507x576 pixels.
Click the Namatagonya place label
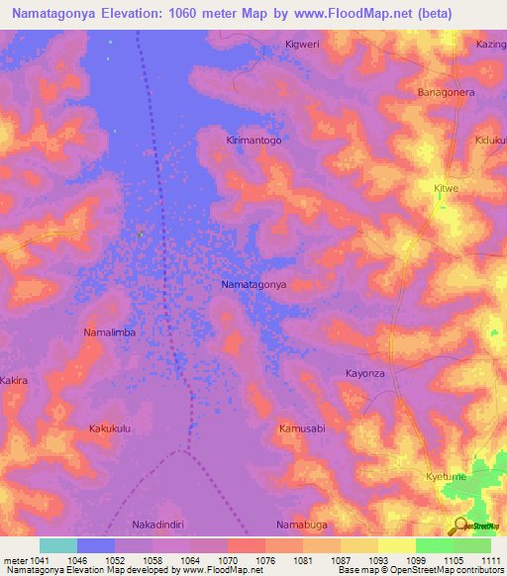(x=253, y=284)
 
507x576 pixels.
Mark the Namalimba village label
(x=109, y=333)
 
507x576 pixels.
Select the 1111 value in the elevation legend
(x=491, y=561)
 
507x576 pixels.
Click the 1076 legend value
(x=265, y=561)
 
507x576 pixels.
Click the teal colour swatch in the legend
(x=58, y=545)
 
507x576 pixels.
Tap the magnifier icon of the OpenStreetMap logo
(x=458, y=524)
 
